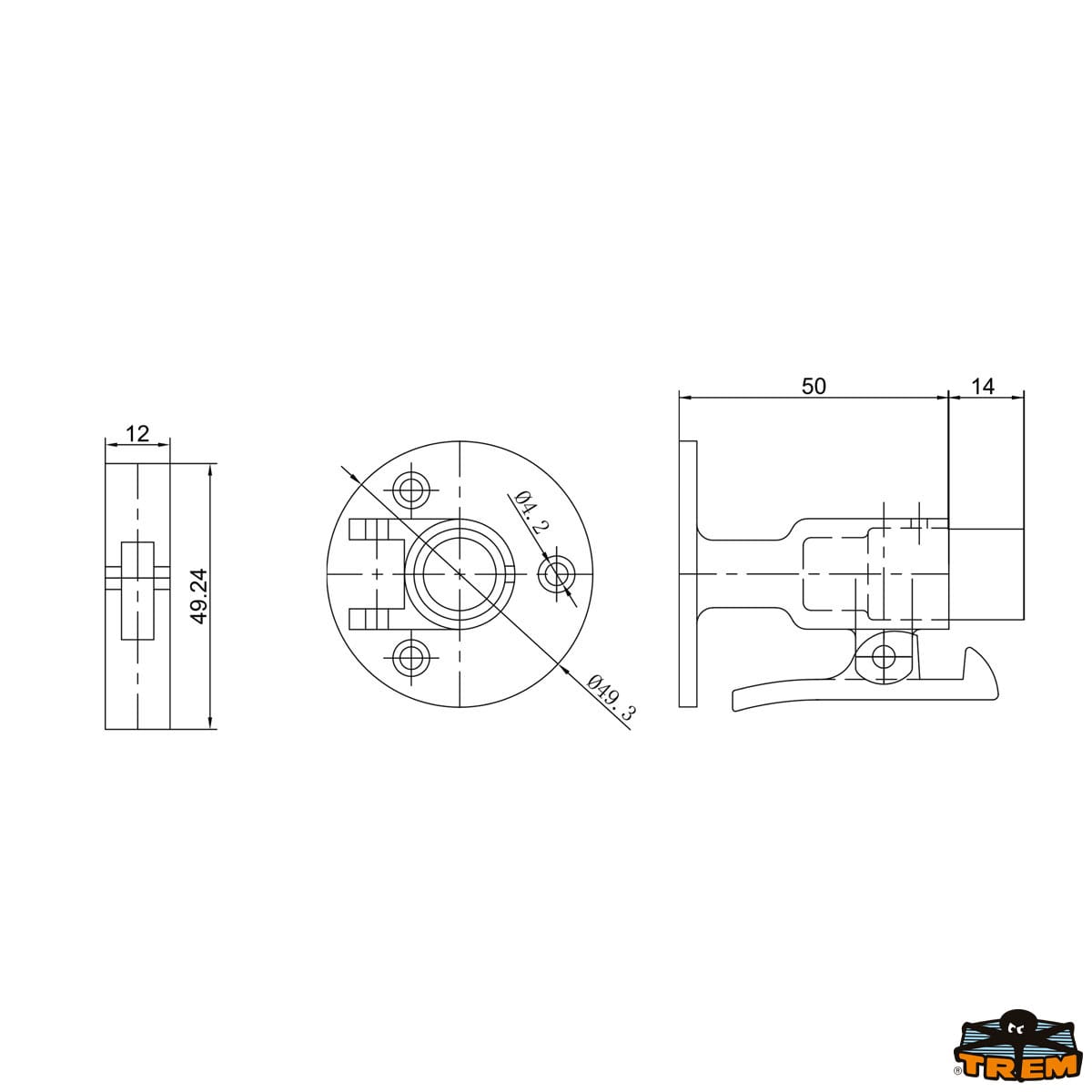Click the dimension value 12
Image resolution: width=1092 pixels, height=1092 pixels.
137,433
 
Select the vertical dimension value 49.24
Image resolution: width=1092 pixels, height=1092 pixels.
200,596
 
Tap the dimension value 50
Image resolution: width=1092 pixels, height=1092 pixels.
814,387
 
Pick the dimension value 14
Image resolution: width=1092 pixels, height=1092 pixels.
983,387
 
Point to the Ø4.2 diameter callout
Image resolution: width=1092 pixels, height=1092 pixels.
532,514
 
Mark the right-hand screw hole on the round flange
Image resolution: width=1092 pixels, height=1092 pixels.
557,576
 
